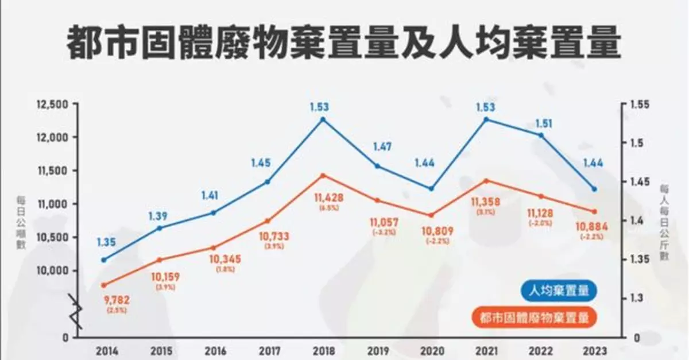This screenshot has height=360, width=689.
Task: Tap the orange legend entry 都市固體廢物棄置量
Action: click(536, 316)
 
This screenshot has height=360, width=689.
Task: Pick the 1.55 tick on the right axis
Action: click(638, 104)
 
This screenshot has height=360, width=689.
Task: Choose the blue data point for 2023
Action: click(594, 189)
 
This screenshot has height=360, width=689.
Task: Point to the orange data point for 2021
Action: click(486, 180)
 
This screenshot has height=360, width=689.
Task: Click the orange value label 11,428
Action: click(330, 198)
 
